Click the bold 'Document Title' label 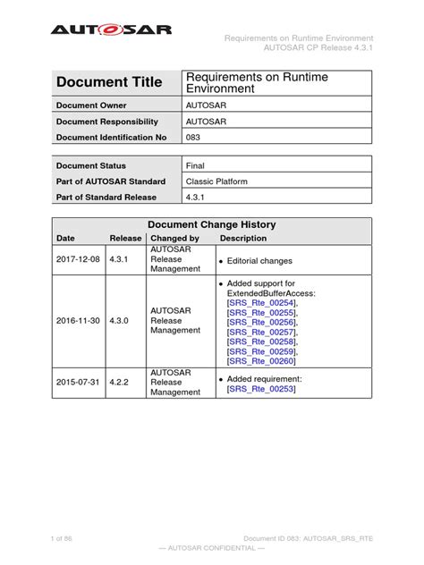click(x=109, y=83)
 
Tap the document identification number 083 click(x=192, y=137)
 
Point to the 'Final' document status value click(x=195, y=165)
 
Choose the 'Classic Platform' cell click(x=216, y=181)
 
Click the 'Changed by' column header click(x=174, y=239)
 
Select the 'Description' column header click(x=243, y=239)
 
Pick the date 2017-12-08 click(x=80, y=260)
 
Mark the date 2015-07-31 click(x=80, y=383)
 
